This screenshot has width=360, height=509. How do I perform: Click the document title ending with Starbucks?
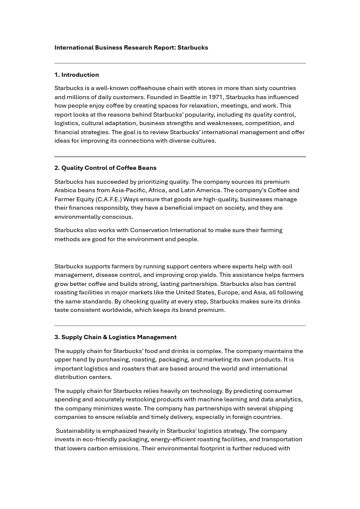[131, 47]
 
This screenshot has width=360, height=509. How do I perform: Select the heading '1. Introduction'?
[77, 75]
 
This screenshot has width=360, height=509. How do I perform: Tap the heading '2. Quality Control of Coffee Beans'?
[105, 168]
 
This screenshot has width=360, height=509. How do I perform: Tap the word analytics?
[287, 400]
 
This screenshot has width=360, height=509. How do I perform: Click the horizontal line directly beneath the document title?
[180, 63]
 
